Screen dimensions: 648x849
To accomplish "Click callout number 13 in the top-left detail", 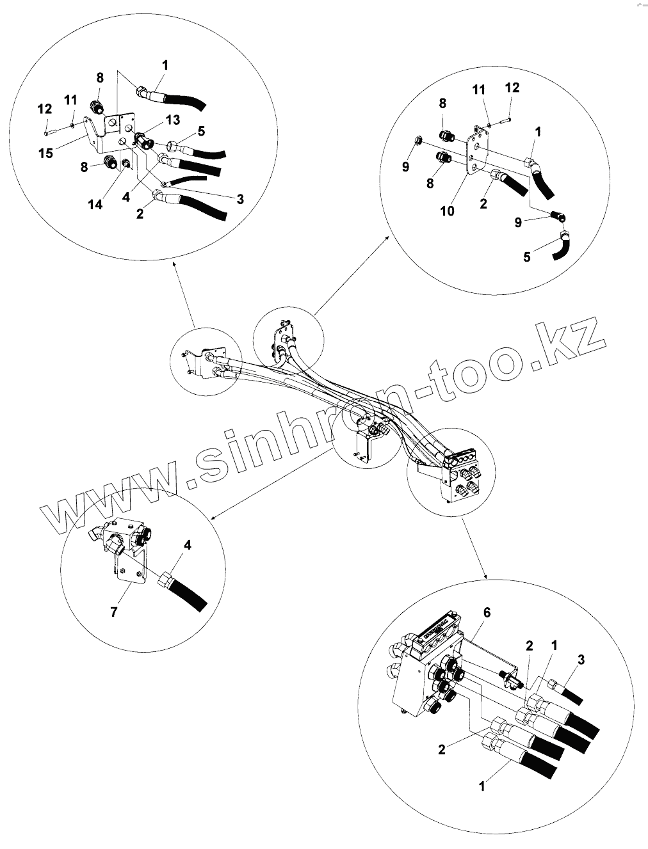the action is point(172,120).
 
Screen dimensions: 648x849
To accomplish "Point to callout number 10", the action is point(447,210).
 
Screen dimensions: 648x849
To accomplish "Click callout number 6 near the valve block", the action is point(486,612).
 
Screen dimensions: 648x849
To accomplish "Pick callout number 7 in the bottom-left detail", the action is point(114,612).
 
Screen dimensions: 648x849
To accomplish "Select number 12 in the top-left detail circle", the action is point(44,109).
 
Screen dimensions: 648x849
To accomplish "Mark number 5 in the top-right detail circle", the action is point(527,258).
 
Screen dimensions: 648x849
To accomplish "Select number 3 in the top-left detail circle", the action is point(240,199).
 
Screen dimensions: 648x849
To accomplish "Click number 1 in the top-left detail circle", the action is point(165,65).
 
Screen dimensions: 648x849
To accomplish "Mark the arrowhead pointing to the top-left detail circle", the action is point(174,264).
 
